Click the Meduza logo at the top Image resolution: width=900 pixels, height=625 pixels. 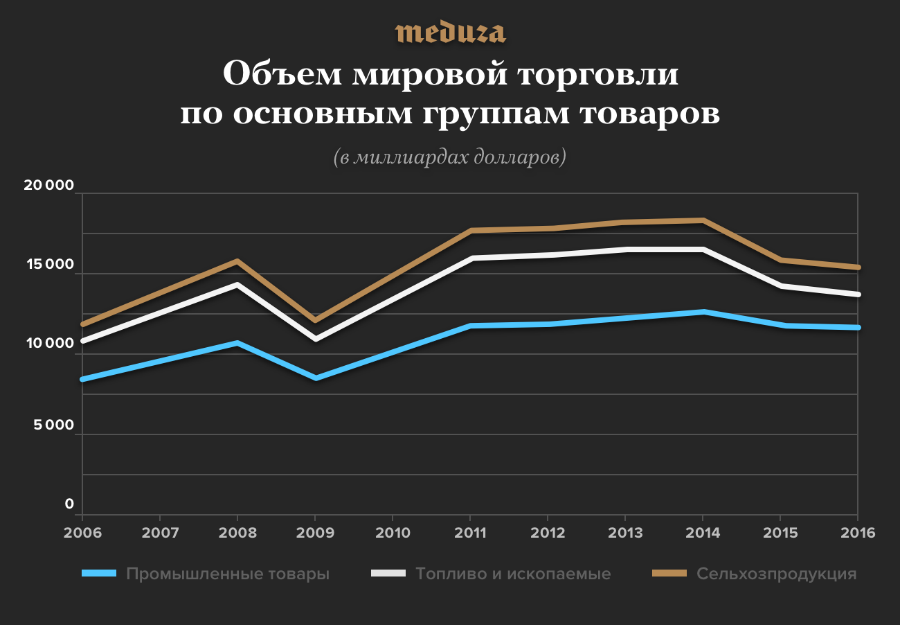450,33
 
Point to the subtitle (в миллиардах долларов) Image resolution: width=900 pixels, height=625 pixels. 450,157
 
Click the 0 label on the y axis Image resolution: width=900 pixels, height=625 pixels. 69,504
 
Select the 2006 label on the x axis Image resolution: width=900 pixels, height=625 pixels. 82,534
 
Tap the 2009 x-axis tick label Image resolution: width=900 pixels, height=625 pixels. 315,534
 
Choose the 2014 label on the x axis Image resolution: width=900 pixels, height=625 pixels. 703,534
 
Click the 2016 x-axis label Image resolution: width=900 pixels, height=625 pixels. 858,534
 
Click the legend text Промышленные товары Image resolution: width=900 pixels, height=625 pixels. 228,574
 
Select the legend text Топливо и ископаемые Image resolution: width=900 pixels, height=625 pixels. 513,574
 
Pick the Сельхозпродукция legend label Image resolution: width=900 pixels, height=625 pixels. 777,574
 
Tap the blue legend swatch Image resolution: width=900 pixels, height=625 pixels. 98,574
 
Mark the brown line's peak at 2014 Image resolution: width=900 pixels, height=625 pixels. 703,220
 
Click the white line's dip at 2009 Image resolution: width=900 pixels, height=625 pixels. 315,339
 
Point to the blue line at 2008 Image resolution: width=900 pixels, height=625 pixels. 237,343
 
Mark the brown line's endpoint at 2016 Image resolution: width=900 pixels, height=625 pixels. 857,267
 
